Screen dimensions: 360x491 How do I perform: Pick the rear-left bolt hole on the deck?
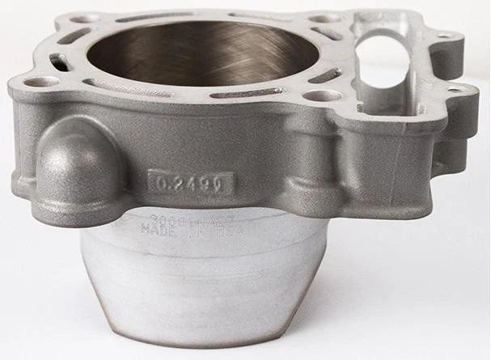[x=83, y=19]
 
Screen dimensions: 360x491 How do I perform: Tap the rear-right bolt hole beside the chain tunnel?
[x=325, y=18]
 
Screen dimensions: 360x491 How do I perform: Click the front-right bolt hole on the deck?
[x=325, y=95]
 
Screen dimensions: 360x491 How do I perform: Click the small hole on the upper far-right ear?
[x=445, y=36]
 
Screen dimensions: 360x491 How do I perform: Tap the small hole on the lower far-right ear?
[x=455, y=90]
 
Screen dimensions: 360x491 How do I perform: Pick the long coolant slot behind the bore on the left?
[x=146, y=17]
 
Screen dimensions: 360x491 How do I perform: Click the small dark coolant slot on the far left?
[x=58, y=61]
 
